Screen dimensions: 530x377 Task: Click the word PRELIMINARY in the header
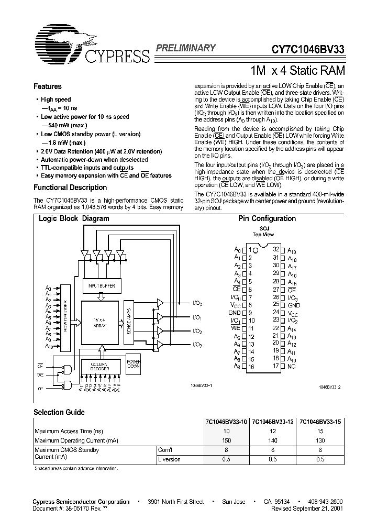185,48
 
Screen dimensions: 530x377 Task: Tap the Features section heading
48,87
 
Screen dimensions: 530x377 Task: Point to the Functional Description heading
70,187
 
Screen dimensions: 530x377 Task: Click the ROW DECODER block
65,316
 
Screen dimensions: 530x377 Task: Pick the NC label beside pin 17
292,366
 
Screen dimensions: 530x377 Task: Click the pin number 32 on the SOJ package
276,250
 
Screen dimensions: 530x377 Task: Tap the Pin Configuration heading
267,219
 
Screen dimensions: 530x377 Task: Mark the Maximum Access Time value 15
320,431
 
